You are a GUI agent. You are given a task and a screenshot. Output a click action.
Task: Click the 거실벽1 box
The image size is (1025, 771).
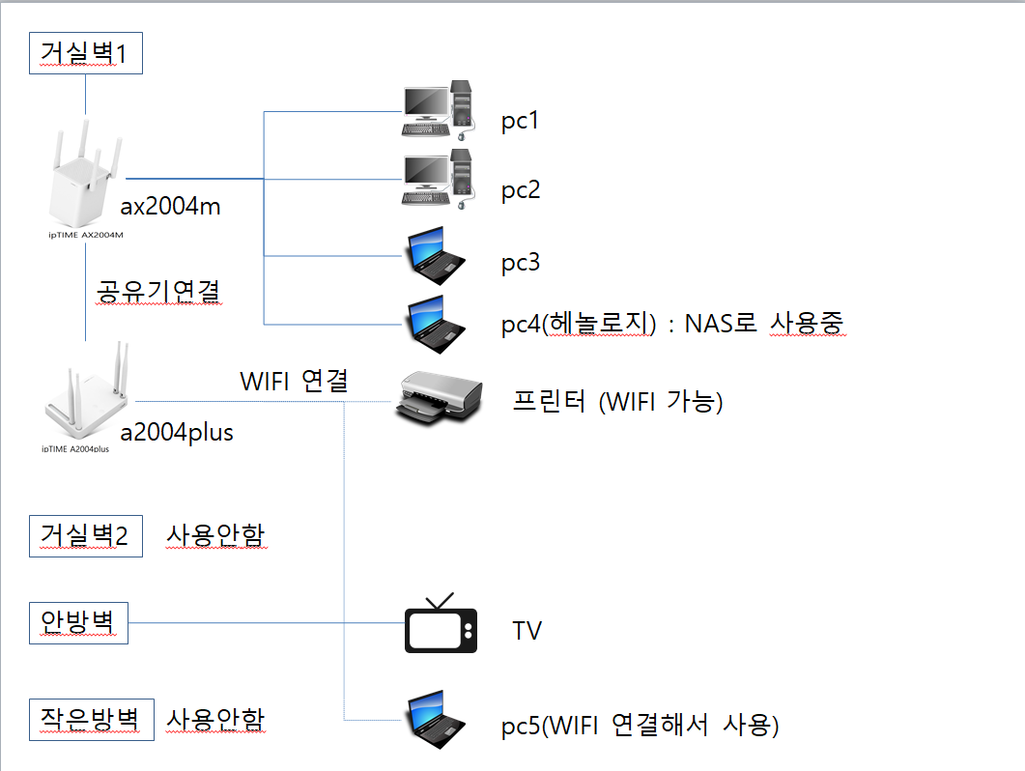[86, 53]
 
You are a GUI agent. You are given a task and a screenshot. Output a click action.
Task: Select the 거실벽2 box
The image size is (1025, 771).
[85, 535]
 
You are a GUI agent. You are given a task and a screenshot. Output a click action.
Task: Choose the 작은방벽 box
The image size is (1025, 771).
[91, 719]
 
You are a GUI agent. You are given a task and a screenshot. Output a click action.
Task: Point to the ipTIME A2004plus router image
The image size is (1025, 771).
[86, 397]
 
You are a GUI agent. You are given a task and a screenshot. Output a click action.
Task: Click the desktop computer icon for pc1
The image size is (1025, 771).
[440, 111]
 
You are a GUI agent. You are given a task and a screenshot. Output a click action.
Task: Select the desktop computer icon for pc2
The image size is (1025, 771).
[440, 179]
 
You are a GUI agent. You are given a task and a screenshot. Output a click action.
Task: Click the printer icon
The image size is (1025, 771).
[435, 400]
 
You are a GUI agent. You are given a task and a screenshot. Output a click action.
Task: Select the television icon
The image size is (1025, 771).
[441, 625]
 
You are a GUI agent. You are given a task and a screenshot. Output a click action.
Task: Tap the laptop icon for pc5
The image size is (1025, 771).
[436, 720]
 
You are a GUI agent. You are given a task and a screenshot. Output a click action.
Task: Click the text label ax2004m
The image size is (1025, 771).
[172, 207]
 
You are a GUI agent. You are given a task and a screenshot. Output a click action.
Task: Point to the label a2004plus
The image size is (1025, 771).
[177, 433]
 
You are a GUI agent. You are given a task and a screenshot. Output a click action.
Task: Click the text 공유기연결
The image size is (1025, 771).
[159, 291]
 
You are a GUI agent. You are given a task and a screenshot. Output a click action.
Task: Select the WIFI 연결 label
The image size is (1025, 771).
[294, 382]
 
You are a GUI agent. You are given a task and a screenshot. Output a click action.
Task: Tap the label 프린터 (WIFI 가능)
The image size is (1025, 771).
[618, 401]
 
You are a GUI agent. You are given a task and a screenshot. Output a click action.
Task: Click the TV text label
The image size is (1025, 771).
[527, 632]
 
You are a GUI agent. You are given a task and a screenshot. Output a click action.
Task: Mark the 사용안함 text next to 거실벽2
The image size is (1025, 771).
[215, 534]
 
